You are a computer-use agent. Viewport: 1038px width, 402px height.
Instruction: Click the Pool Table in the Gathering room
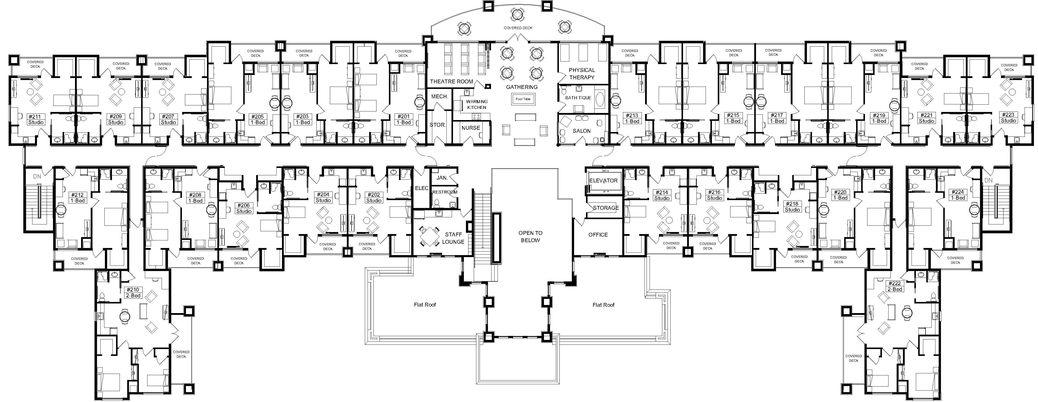click(523, 99)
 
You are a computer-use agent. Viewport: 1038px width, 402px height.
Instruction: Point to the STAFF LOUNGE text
click(453, 238)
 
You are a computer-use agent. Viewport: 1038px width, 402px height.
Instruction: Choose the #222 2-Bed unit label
click(895, 286)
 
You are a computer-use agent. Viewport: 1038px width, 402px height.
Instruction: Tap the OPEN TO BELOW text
click(530, 236)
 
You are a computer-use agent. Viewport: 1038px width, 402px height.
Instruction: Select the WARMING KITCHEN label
click(477, 104)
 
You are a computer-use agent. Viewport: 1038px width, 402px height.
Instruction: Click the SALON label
click(581, 131)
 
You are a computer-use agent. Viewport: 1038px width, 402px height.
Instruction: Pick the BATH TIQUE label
click(578, 98)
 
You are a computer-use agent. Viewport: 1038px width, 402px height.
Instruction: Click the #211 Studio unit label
click(36, 120)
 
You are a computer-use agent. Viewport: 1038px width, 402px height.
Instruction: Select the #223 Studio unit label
click(1009, 118)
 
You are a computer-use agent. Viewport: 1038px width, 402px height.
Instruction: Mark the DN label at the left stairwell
click(37, 176)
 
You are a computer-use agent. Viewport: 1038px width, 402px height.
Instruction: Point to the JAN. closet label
click(442, 178)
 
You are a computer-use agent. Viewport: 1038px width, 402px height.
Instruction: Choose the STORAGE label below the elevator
click(606, 208)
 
